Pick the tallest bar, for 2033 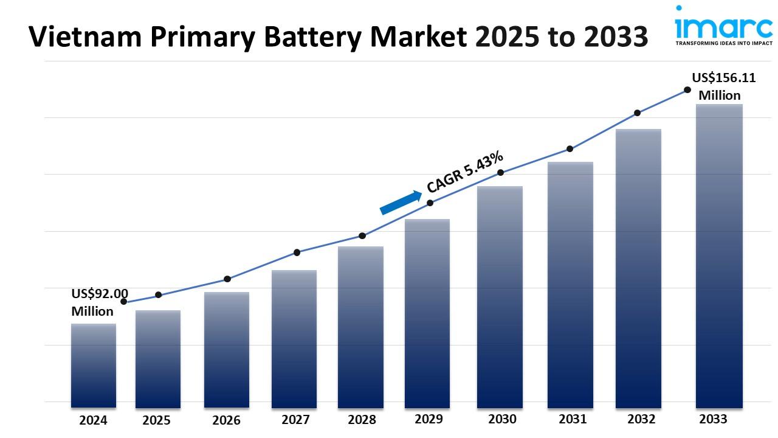click(719, 255)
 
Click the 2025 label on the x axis click(157, 420)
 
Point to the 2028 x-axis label click(362, 420)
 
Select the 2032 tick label click(641, 419)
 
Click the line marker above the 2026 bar click(227, 279)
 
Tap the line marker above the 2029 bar click(430, 203)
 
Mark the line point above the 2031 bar click(570, 148)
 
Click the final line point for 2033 click(687, 89)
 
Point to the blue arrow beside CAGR click(401, 203)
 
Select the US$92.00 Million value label click(99, 302)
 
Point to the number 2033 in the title click(615, 38)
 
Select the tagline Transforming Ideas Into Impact click(723, 44)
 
